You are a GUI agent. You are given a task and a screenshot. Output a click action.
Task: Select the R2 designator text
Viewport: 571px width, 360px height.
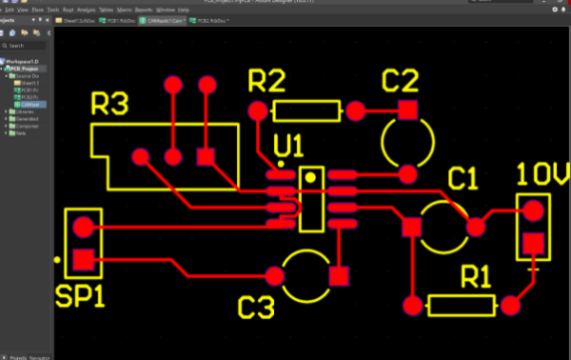(x=266, y=81)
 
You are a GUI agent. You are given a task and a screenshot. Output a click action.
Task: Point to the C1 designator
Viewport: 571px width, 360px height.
(x=463, y=179)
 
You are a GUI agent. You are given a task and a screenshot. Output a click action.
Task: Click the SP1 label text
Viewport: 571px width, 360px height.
(x=80, y=297)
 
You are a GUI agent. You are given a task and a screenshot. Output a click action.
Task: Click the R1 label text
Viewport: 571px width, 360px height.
(x=475, y=277)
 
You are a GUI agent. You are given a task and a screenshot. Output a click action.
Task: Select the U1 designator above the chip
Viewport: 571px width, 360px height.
(x=288, y=146)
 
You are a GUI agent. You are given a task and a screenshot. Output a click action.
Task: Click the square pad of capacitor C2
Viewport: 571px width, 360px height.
(x=407, y=110)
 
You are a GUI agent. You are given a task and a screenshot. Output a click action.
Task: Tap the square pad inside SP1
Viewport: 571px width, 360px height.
(x=84, y=259)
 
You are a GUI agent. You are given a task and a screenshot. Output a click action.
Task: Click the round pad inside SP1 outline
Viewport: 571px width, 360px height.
(x=84, y=228)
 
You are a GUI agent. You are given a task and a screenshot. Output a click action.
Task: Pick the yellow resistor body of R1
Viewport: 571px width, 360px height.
(x=462, y=306)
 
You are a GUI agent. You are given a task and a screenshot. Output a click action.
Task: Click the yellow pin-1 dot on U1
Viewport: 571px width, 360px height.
(x=309, y=178)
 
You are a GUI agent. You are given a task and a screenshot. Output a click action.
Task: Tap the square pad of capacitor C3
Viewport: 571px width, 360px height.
(x=338, y=277)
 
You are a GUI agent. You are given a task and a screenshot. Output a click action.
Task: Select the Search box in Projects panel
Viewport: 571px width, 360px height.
(x=27, y=45)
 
